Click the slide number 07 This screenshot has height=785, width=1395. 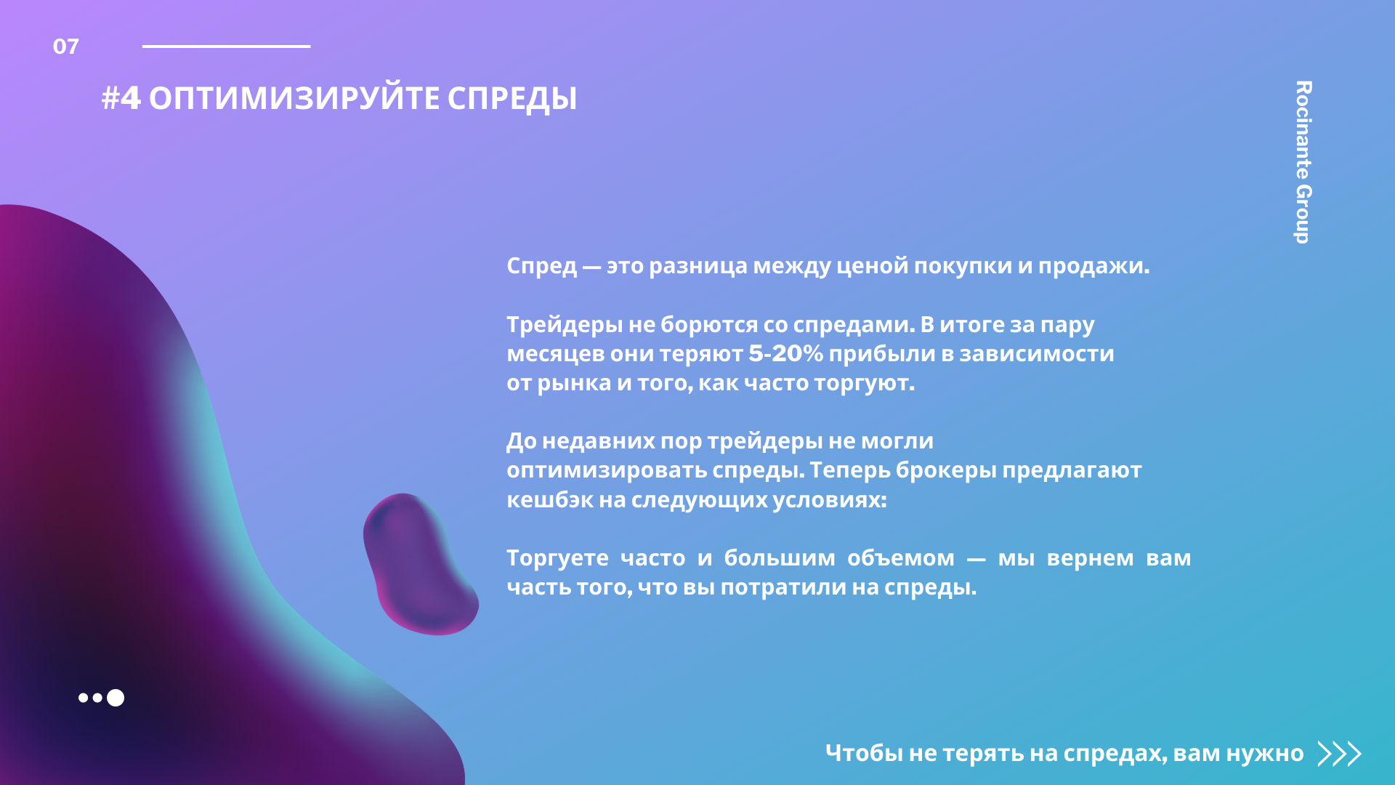[x=65, y=47]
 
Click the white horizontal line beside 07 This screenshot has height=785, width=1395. [x=226, y=47]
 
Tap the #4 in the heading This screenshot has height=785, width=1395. [x=121, y=98]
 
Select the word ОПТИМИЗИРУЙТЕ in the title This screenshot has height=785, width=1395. [x=294, y=99]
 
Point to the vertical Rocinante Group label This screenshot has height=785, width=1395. [x=1303, y=162]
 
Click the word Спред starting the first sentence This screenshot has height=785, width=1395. [x=541, y=266]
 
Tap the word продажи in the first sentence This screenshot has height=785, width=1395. [x=1093, y=266]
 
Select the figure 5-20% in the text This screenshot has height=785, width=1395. [x=785, y=353]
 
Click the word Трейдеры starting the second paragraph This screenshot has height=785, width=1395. [x=565, y=325]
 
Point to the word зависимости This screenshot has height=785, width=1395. [x=1037, y=354]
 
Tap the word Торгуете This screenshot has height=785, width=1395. [x=557, y=558]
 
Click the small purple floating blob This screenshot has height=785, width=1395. [x=420, y=564]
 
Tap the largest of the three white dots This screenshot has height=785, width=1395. [x=116, y=698]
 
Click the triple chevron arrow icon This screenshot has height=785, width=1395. [x=1339, y=754]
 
